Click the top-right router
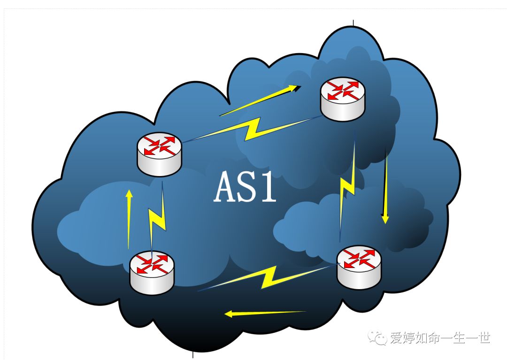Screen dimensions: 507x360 point(343,100)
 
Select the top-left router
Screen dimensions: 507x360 point(159,153)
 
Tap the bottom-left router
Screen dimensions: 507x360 point(152,272)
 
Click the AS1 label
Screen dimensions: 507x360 point(246,187)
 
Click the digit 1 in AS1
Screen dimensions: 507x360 point(269,187)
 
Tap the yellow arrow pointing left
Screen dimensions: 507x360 point(265,313)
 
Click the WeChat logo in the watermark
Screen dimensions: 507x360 point(378,337)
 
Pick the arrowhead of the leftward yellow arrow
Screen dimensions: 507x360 point(229,314)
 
